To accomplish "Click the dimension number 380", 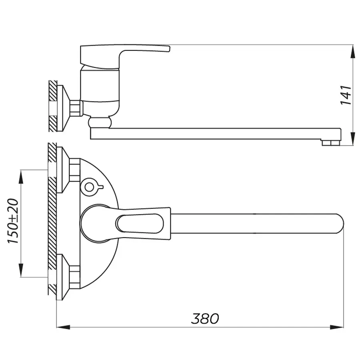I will (x=205, y=318).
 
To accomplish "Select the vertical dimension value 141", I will (x=346, y=95).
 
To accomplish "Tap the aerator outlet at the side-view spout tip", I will (x=330, y=142).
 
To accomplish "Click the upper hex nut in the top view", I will (x=74, y=170).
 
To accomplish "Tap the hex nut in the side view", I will (x=76, y=108).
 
